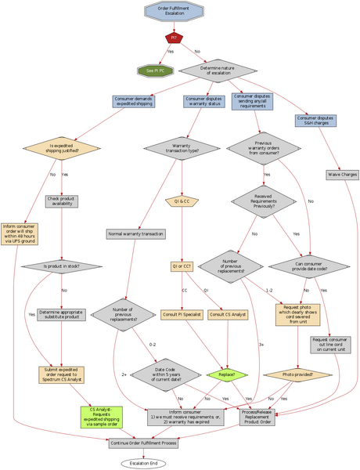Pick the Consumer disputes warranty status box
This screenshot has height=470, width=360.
204,103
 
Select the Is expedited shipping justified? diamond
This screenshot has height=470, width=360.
61,146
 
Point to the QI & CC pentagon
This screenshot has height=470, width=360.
182,201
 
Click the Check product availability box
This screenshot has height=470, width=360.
61,202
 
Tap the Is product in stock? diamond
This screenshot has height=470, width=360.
61,266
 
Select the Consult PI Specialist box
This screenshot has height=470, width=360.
182,314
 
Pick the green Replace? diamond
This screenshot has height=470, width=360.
227,374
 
